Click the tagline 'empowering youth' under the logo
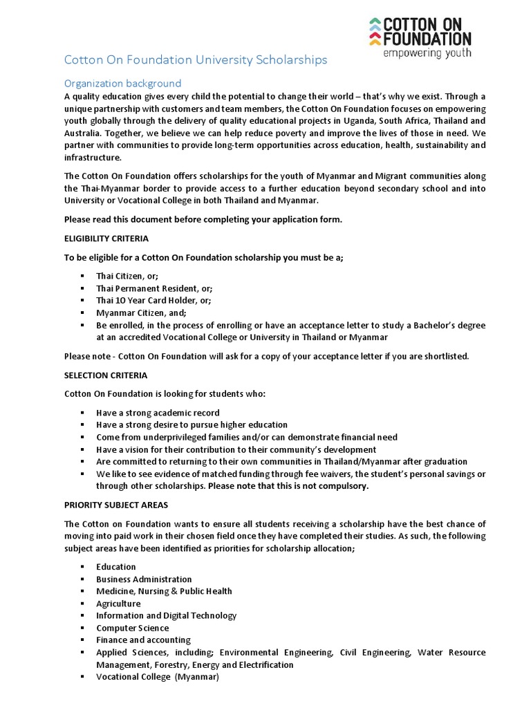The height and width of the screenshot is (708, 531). (427, 53)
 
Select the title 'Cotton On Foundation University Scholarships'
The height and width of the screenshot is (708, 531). (196, 60)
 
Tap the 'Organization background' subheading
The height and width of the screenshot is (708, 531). (122, 83)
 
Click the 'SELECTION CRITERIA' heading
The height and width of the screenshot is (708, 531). (105, 375)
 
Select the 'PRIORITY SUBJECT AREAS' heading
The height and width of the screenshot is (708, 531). (115, 505)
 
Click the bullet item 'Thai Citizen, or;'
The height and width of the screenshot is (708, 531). (127, 276)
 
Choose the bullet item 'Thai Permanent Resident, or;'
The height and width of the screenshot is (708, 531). (154, 288)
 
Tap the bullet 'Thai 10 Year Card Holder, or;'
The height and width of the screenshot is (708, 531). (153, 300)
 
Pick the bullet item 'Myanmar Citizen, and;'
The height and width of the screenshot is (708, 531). (141, 313)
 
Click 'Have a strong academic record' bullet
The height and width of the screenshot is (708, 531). (158, 413)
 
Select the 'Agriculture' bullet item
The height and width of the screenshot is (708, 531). (118, 604)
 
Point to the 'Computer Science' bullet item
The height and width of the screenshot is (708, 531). (132, 628)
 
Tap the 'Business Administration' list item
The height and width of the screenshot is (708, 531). (144, 579)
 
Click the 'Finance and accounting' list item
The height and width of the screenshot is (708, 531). (143, 640)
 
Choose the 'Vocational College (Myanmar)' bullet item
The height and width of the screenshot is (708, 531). (157, 677)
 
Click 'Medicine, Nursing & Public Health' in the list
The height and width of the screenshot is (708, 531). (164, 591)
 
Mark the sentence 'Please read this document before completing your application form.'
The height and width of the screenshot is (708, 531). (203, 220)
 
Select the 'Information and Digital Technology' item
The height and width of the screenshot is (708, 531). (166, 615)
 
